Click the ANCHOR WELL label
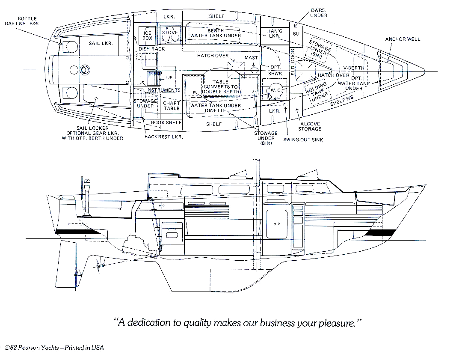click(x=403, y=39)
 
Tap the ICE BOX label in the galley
click(x=147, y=36)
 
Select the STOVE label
click(x=169, y=32)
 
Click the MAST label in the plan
click(x=251, y=58)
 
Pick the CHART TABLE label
click(x=171, y=106)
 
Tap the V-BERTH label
click(x=354, y=68)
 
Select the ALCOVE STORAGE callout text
click(x=310, y=126)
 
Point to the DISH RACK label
click(x=152, y=49)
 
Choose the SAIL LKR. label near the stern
click(x=101, y=44)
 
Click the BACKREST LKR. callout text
click(x=163, y=137)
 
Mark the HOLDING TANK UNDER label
click(x=317, y=91)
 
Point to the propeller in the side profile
click(x=101, y=266)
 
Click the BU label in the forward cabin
click(x=296, y=34)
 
